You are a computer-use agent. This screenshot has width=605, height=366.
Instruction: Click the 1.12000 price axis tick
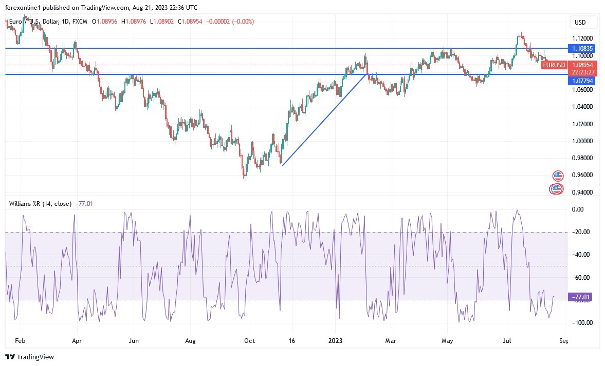click(x=582, y=38)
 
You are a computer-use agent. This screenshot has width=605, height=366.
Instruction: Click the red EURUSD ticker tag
click(x=554, y=65)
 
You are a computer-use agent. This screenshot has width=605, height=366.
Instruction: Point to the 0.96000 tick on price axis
click(x=582, y=175)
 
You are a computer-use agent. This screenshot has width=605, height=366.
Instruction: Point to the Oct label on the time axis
click(x=250, y=340)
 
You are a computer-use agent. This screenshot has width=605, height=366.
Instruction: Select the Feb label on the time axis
click(x=21, y=340)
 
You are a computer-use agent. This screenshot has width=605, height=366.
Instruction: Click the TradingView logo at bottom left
click(x=30, y=357)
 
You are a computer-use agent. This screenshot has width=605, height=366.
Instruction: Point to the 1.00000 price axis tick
click(x=582, y=141)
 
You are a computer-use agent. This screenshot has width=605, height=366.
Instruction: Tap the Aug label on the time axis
click(x=191, y=340)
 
